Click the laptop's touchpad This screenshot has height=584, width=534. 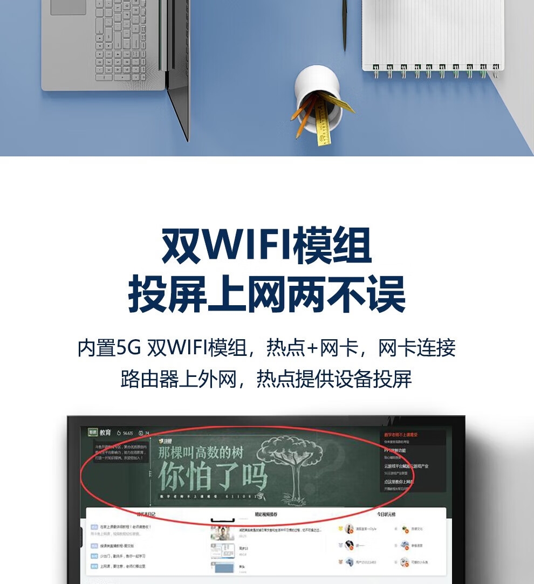[x=69, y=7]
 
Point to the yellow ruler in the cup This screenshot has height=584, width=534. [x=323, y=121]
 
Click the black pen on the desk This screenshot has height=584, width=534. [x=344, y=24]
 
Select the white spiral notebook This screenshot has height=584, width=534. [x=432, y=32]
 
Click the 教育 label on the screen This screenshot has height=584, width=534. [x=105, y=432]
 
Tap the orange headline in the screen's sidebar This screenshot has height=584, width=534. [x=401, y=435]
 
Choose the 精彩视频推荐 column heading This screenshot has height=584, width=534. [x=266, y=514]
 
